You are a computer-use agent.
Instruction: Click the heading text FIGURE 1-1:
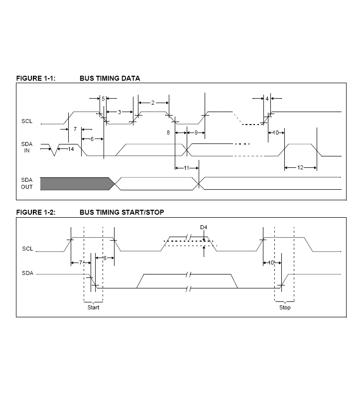(36, 78)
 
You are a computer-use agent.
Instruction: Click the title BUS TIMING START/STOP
(122, 212)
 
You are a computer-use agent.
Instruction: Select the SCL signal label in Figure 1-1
(27, 121)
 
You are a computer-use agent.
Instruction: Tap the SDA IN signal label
(27, 147)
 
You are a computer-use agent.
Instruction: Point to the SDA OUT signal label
(27, 183)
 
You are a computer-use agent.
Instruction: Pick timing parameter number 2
(153, 103)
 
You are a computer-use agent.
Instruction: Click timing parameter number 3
(120, 112)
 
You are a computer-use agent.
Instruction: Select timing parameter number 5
(103, 99)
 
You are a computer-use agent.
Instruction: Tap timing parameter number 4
(267, 99)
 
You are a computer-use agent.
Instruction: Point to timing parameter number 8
(168, 133)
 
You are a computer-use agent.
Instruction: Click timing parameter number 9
(196, 133)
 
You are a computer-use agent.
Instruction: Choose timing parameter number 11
(186, 168)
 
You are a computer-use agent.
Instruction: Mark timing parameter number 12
(300, 167)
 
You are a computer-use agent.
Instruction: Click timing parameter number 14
(71, 149)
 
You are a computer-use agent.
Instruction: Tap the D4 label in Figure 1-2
(204, 227)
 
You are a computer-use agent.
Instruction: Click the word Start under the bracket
(93, 307)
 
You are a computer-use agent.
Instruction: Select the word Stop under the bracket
(285, 307)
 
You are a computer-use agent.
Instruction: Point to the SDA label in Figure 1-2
(27, 273)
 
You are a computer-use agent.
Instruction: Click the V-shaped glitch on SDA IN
(54, 150)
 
